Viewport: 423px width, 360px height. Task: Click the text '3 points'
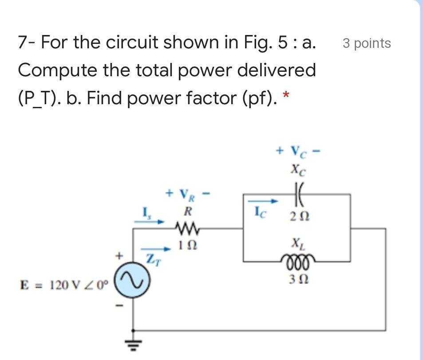367,43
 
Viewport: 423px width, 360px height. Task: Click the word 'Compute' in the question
55,70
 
